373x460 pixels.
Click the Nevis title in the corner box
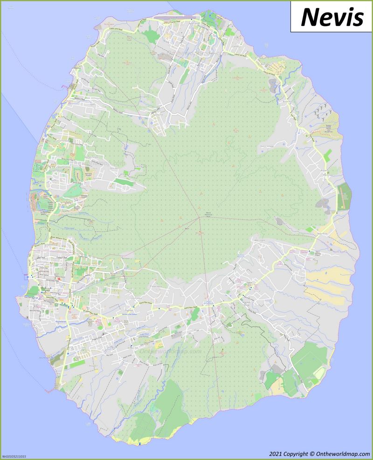point(332,17)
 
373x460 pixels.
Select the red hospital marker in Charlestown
point(59,279)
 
